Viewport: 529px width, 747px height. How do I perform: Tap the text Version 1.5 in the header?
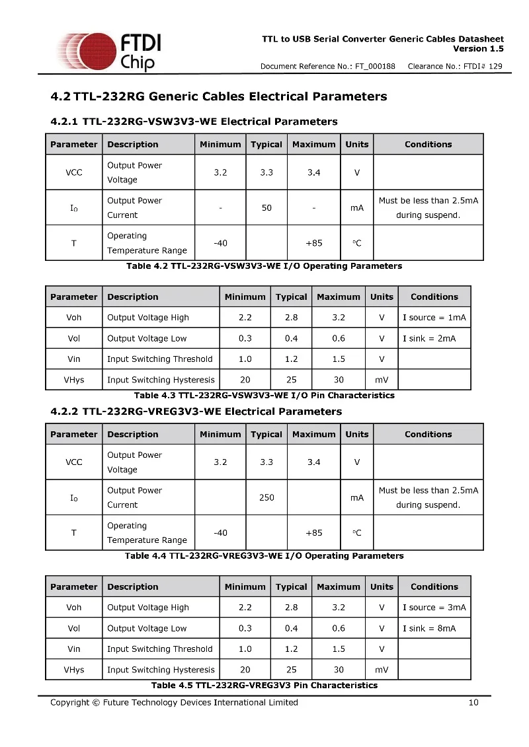[x=478, y=49]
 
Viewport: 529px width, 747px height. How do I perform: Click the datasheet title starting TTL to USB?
[x=383, y=39]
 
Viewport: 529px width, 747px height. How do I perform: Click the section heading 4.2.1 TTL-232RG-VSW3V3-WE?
[x=194, y=122]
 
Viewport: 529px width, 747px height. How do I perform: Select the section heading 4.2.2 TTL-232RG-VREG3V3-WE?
[x=196, y=411]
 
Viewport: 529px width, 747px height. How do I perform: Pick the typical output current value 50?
[x=266, y=207]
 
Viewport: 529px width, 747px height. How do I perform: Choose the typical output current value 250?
[x=266, y=497]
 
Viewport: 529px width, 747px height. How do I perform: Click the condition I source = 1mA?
[x=434, y=318]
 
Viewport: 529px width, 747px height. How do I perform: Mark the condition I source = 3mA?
[x=434, y=608]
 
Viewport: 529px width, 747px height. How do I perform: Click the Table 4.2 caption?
[x=264, y=266]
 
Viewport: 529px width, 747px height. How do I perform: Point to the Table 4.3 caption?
[x=264, y=396]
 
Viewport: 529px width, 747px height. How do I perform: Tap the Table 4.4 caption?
[x=264, y=556]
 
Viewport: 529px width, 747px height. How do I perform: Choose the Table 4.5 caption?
[x=264, y=685]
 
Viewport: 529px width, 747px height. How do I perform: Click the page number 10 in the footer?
[x=473, y=702]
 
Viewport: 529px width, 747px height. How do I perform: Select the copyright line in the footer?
[x=174, y=702]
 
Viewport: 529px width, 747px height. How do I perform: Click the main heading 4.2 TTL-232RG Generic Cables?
[x=218, y=96]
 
